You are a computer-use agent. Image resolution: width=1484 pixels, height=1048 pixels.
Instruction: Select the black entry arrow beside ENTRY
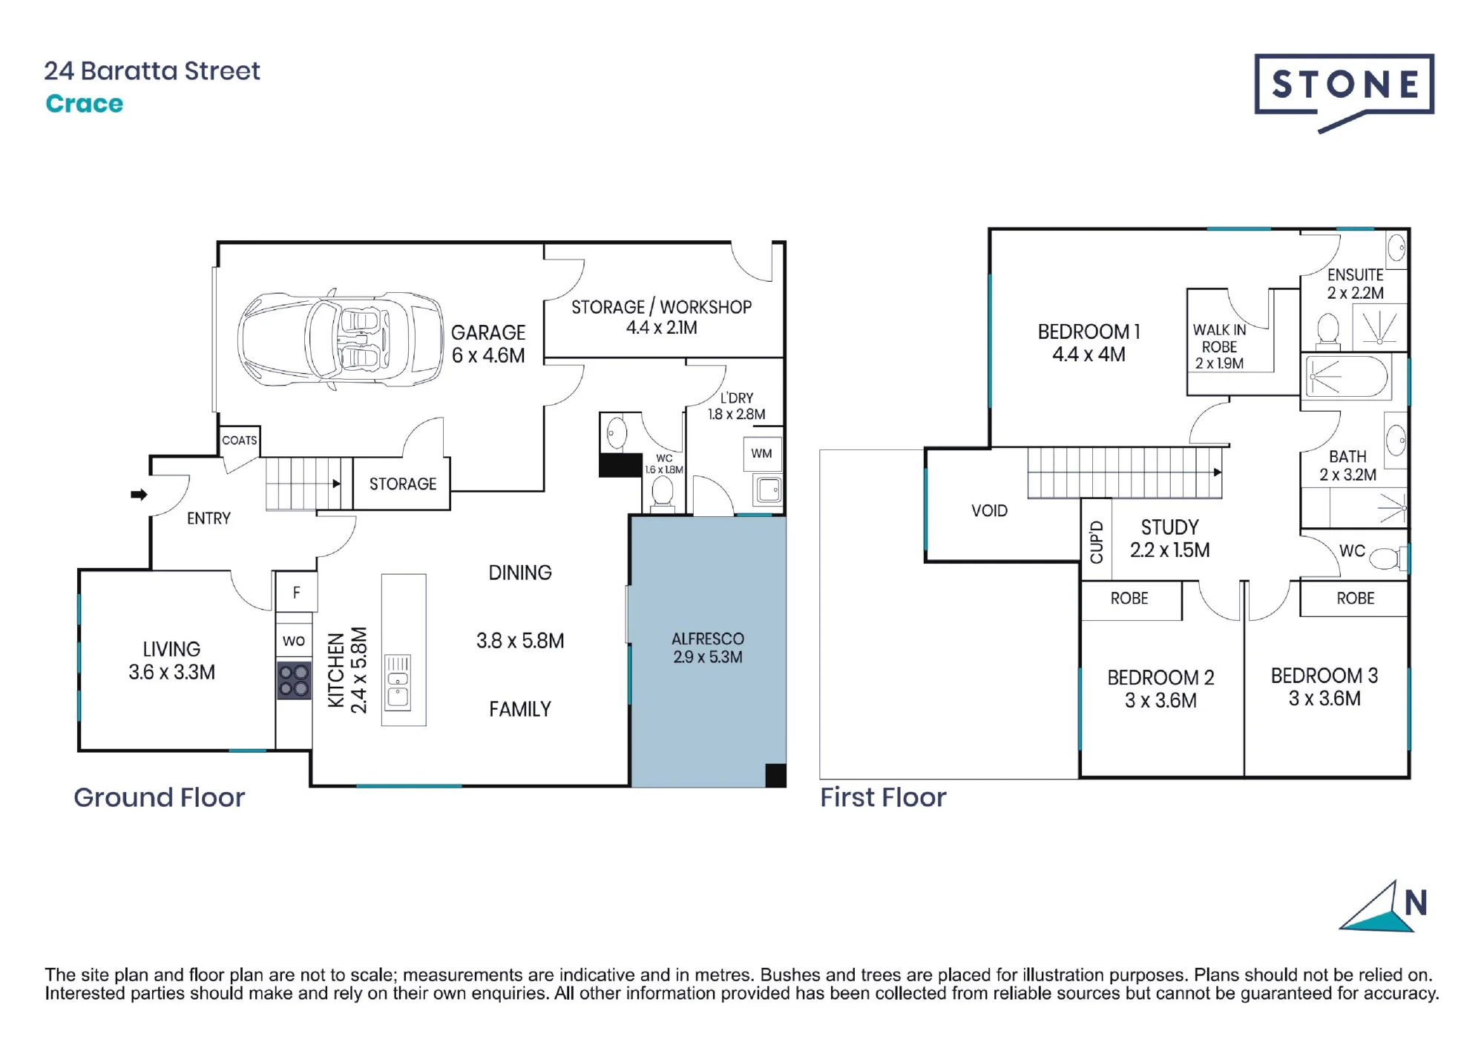coord(139,494)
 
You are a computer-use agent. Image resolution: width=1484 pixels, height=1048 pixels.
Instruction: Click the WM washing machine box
coord(762,454)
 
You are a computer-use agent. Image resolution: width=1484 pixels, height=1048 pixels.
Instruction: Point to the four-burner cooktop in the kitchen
coord(294,681)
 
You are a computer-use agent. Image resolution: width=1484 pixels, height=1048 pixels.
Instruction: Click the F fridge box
coord(297,592)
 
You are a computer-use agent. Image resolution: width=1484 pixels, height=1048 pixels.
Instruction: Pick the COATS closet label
coord(240,441)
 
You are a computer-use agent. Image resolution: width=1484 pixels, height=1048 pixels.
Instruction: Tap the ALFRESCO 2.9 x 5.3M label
coord(708,647)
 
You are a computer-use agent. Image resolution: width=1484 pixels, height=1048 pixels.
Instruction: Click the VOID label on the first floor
coord(990,511)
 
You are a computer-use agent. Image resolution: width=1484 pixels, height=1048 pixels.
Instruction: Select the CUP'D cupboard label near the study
coord(1097,541)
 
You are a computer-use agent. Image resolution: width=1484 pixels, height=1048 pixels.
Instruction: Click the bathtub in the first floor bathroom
coord(1347,377)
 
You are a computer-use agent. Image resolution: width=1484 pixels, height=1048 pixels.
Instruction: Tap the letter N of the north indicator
coord(1416,903)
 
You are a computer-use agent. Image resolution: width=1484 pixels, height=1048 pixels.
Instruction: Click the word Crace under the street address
coord(85,104)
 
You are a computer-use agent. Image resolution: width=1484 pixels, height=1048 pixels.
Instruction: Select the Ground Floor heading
coord(159,797)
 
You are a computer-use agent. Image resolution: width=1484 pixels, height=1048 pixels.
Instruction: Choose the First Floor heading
coord(883,797)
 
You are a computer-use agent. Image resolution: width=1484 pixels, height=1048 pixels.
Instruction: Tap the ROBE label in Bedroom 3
coord(1356,599)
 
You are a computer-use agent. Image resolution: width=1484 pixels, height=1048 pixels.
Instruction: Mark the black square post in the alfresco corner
coord(775,775)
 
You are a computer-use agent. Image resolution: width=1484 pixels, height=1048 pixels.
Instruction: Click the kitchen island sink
coord(398,682)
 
